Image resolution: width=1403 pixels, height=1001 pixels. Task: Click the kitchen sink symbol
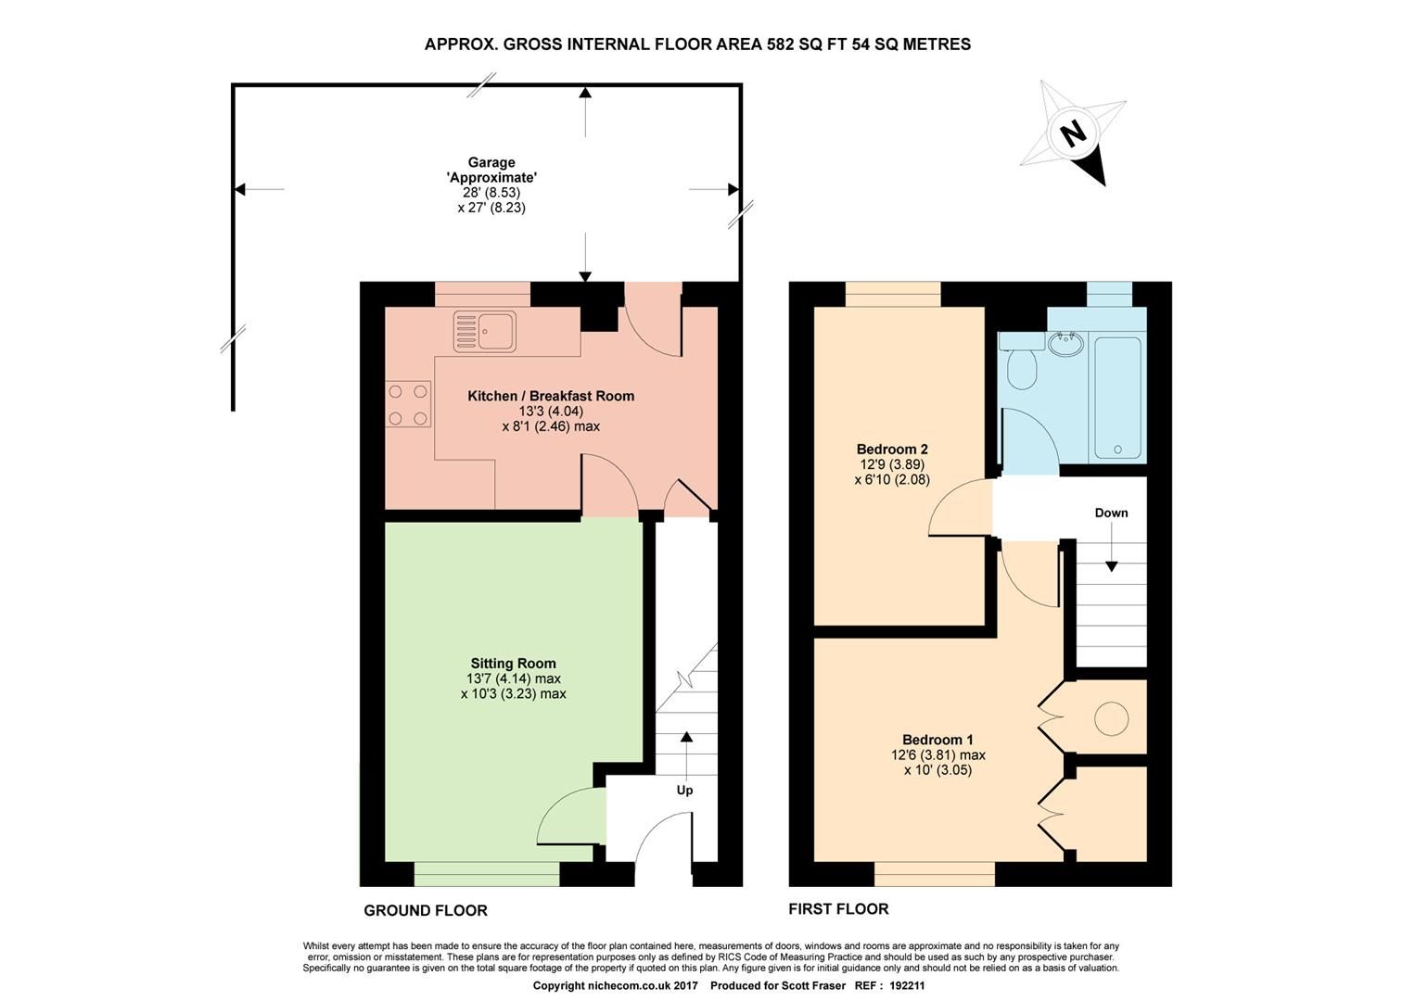pyautogui.click(x=485, y=332)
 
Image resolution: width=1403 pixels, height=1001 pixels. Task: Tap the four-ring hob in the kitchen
pyautogui.click(x=408, y=405)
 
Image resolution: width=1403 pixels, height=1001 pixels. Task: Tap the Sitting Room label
pyautogui.click(x=513, y=663)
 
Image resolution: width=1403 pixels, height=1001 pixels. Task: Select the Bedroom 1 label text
pyautogui.click(x=937, y=740)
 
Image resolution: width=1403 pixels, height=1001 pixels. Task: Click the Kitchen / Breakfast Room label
pyautogui.click(x=551, y=396)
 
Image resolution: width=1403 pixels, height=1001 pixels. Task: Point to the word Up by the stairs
pyautogui.click(x=684, y=791)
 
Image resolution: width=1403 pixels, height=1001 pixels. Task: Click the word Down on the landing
pyautogui.click(x=1111, y=513)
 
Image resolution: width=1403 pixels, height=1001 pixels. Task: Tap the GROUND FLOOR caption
pyautogui.click(x=425, y=910)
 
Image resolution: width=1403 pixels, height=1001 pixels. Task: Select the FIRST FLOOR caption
pyautogui.click(x=838, y=909)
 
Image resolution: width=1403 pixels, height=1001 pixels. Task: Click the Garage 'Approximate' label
pyautogui.click(x=491, y=170)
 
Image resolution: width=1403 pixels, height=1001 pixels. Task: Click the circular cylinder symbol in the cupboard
pyautogui.click(x=1111, y=717)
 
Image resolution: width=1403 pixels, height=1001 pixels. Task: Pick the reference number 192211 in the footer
pyautogui.click(x=907, y=987)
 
